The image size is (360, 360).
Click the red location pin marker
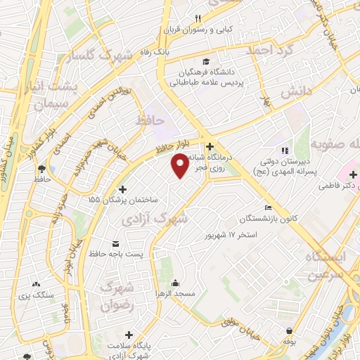tap(180, 165)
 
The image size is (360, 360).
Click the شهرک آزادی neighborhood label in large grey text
tap(155, 219)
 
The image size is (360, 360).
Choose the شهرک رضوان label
tap(117, 296)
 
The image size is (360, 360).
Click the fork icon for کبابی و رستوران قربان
tap(199, 18)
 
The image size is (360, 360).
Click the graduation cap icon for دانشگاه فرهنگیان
tap(205, 61)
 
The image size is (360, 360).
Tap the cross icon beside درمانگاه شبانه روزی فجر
tap(210, 147)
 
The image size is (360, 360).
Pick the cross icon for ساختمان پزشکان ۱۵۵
tap(123, 189)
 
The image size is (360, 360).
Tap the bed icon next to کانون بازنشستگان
tap(267, 207)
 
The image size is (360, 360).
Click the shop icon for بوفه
tap(289, 330)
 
